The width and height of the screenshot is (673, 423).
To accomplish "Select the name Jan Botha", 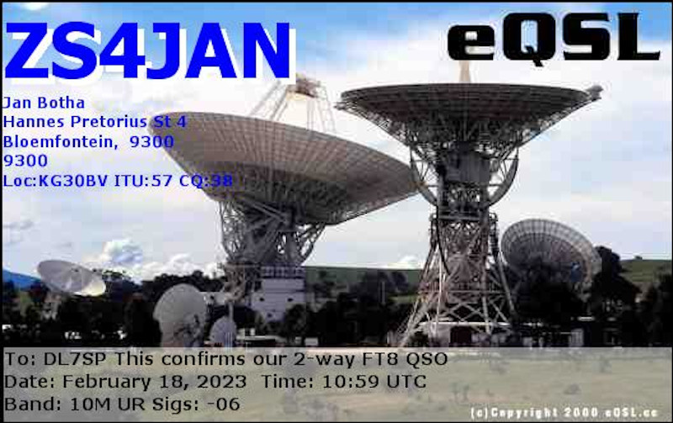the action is (44, 103).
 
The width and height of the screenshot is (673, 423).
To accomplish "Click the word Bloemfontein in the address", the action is (60, 141).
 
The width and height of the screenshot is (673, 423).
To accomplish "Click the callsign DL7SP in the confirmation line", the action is (75, 358).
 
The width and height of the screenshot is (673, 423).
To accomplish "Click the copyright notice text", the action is (564, 413).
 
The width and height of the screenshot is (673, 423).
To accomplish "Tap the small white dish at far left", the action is (71, 278).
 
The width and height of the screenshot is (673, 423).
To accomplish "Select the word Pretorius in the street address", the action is (109, 122).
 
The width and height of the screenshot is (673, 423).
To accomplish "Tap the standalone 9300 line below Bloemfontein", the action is (25, 161).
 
